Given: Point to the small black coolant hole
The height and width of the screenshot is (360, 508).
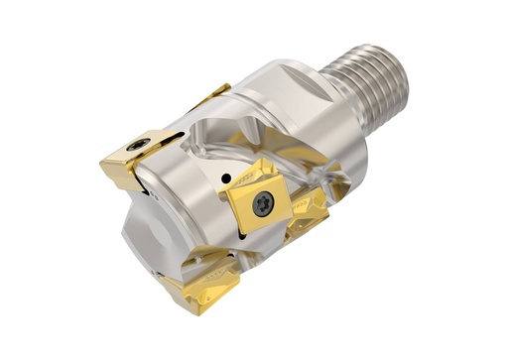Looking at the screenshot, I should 227,179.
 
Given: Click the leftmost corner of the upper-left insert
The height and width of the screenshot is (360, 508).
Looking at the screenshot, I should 102,164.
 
